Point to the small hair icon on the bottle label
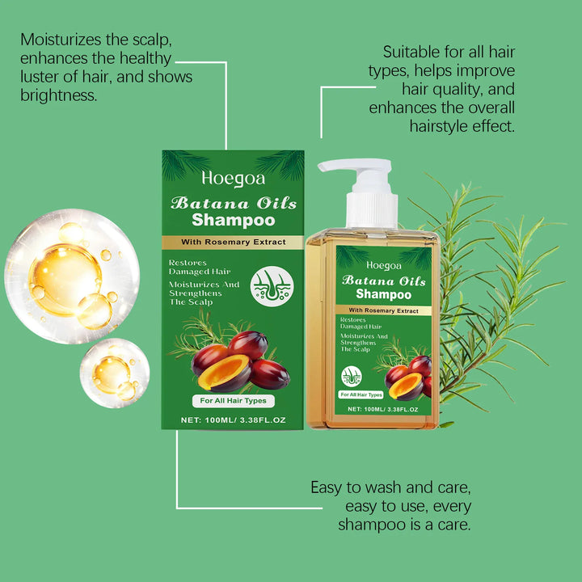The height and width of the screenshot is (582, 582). [352, 376]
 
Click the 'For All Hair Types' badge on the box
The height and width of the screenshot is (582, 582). [233, 400]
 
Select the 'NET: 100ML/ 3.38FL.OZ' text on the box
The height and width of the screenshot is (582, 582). [233, 421]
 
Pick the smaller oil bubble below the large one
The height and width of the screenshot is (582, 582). [114, 372]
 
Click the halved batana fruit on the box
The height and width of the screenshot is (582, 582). [224, 373]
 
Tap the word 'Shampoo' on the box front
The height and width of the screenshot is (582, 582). [234, 220]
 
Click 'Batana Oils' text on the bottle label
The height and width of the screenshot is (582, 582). [384, 280]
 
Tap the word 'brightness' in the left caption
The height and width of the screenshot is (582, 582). [56, 95]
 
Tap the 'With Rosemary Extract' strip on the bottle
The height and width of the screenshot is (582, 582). [384, 310]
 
